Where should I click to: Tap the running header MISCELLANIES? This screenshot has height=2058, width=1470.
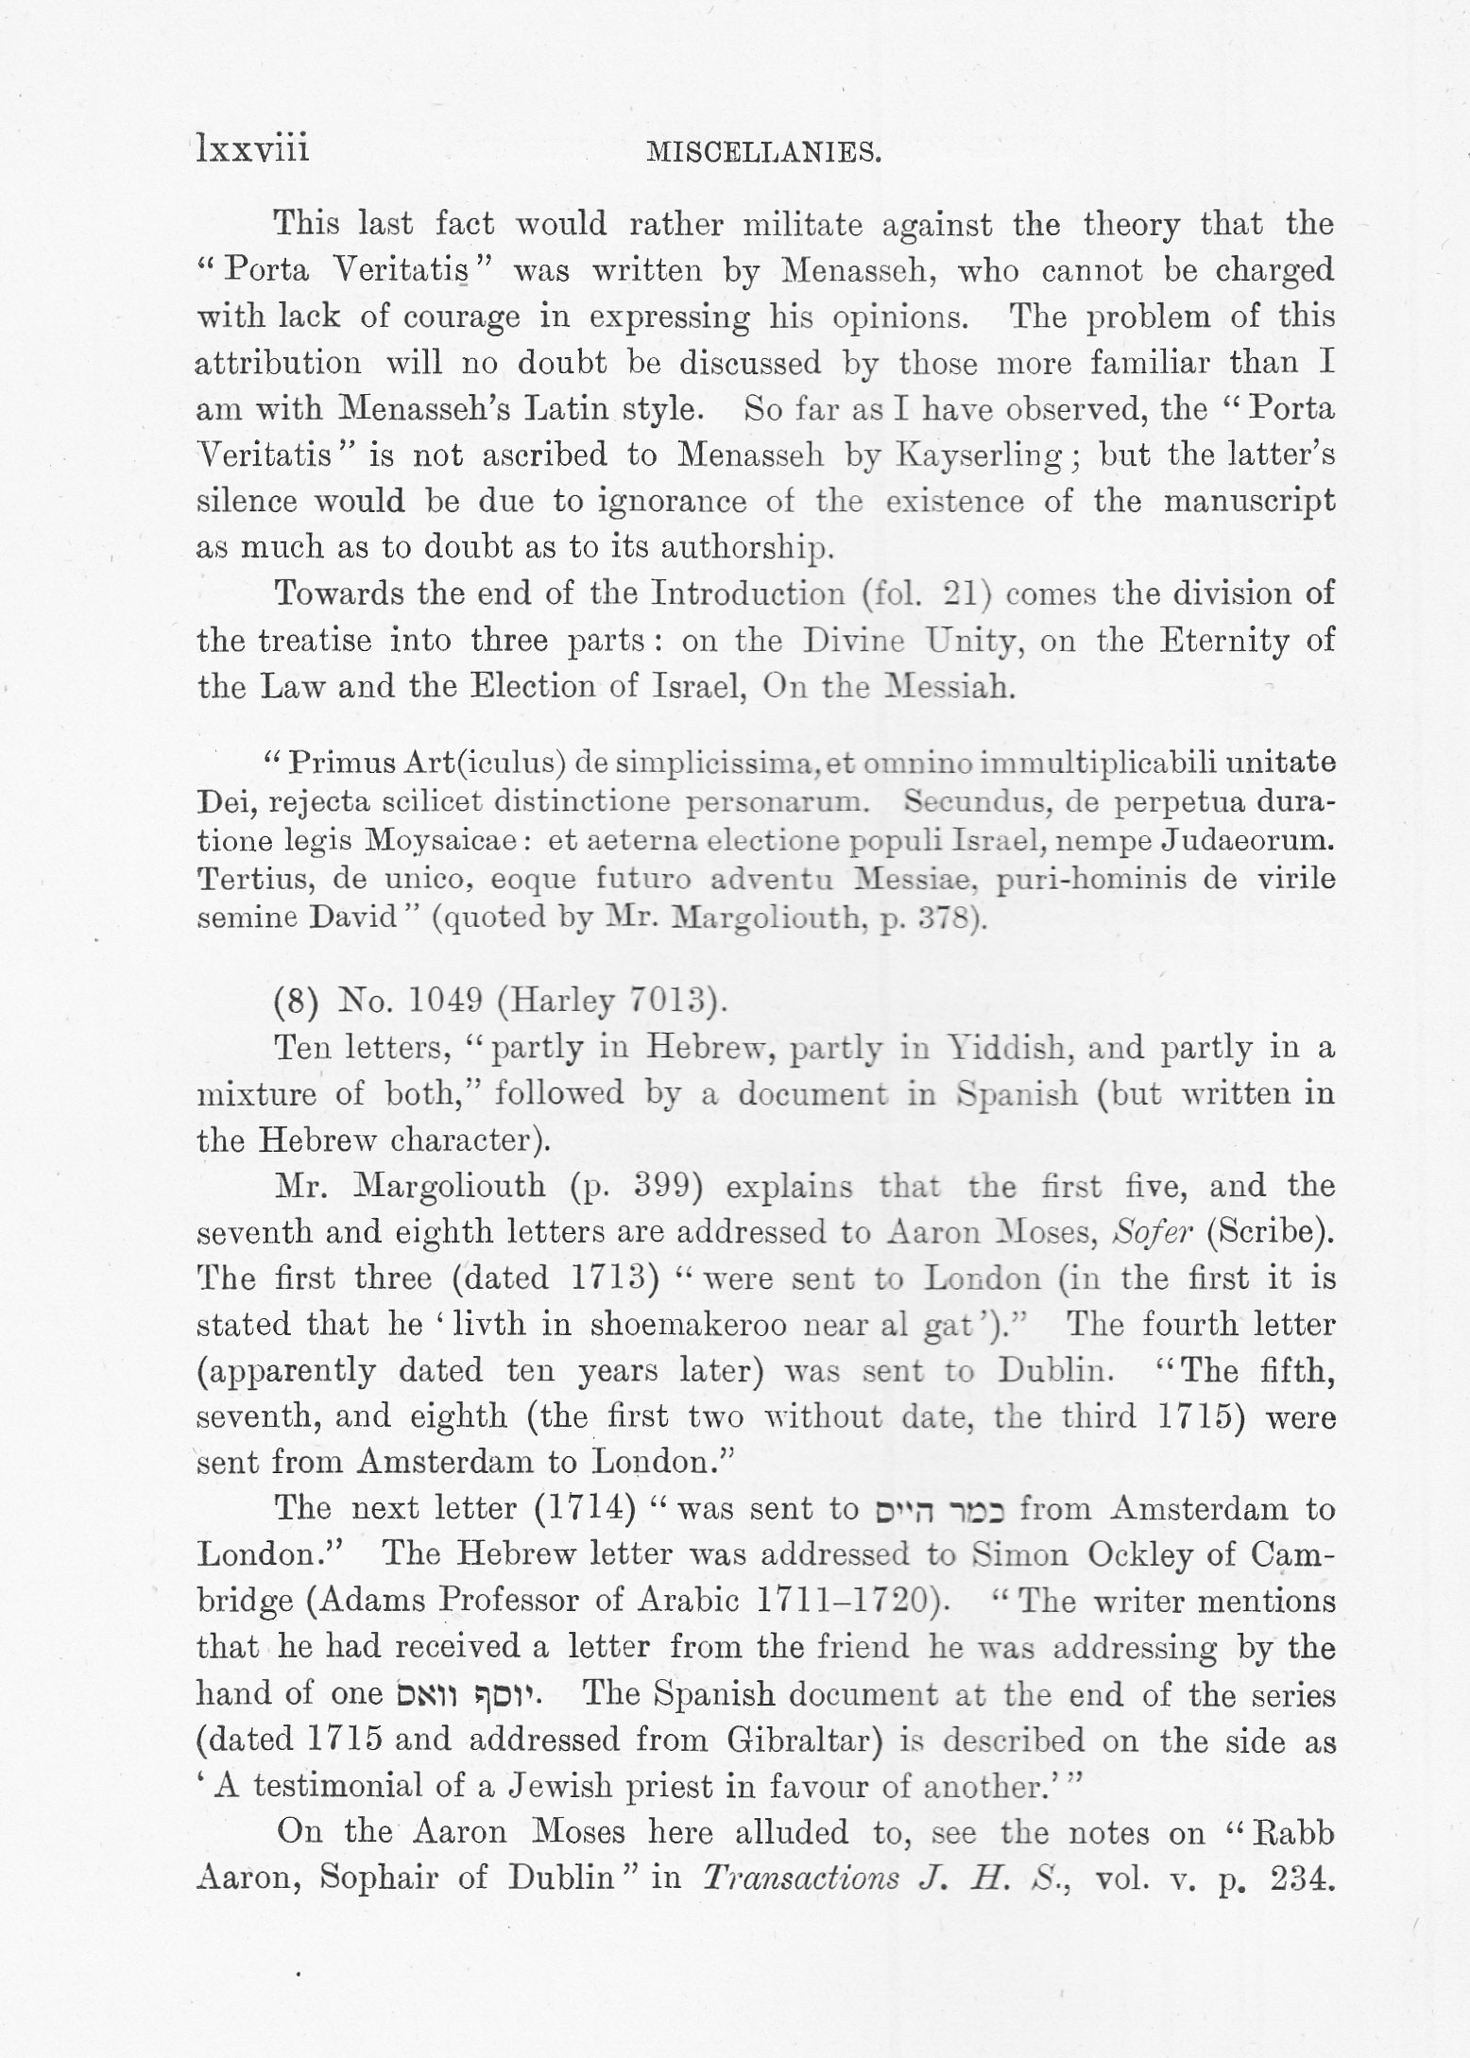point(763,152)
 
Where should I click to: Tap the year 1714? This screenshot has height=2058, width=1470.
point(583,1508)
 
